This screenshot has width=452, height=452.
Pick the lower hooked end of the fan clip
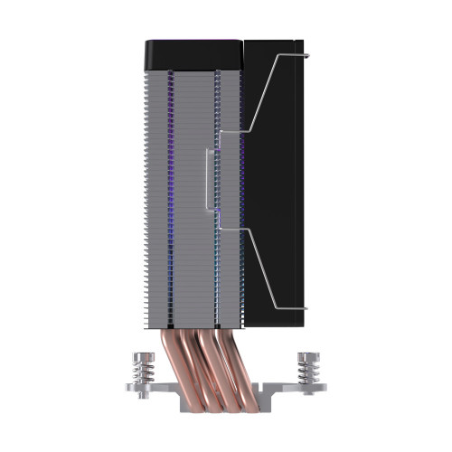(306, 308)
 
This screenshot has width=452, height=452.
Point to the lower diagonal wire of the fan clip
(262, 267)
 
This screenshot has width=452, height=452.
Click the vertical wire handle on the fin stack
(211, 181)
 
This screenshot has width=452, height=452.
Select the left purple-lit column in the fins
(172, 181)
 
